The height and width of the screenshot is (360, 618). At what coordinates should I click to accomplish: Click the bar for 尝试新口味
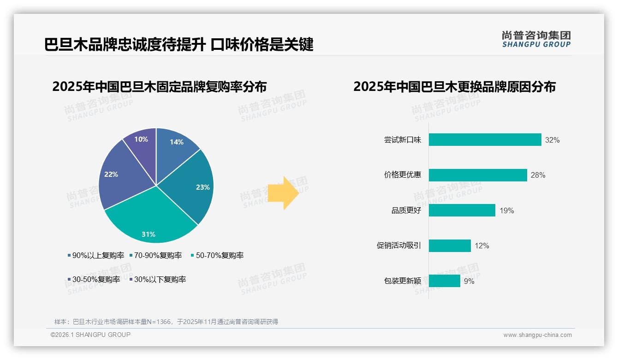pos(485,140)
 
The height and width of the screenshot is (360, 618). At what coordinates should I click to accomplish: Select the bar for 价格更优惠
pos(478,175)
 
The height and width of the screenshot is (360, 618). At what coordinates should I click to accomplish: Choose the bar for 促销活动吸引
pos(450,246)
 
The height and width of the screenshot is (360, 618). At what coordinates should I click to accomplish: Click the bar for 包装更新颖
pos(445,281)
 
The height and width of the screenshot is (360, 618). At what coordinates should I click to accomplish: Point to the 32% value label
pos(552,140)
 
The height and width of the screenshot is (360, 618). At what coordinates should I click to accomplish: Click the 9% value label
pos(469,281)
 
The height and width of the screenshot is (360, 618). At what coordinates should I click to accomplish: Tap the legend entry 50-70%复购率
pos(217,255)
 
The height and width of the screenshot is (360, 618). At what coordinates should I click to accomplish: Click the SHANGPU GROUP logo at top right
pos(536,39)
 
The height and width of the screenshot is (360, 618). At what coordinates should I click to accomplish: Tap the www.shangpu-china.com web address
pos(537,335)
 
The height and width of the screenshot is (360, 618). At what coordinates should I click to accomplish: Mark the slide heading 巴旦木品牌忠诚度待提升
pos(125,45)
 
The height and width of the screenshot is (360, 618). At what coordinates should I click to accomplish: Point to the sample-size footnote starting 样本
pos(166,322)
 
